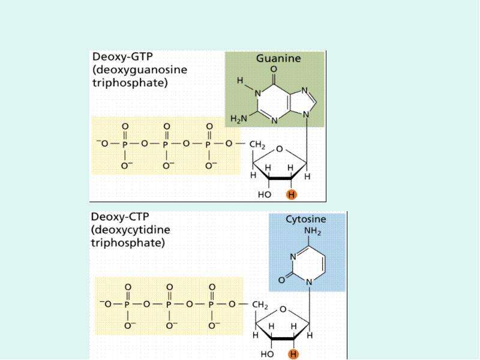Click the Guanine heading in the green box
click(x=278, y=58)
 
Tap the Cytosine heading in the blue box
click(x=305, y=219)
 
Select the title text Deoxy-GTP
click(x=122, y=57)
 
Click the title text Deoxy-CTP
click(x=119, y=217)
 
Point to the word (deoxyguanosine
click(x=140, y=70)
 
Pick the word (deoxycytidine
click(x=130, y=230)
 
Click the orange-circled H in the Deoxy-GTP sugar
click(x=292, y=194)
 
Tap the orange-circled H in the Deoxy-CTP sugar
click(x=293, y=354)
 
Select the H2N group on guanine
click(x=238, y=119)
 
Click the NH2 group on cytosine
click(x=312, y=232)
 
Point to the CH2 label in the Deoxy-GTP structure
click(x=257, y=145)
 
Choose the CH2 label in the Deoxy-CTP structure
click(x=260, y=305)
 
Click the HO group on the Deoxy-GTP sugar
click(x=265, y=194)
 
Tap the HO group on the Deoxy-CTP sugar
click(x=267, y=354)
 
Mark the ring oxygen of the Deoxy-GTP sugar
click(x=280, y=149)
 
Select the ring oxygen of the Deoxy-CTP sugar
click(x=283, y=309)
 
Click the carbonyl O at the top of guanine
click(x=274, y=69)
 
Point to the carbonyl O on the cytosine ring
click(x=281, y=280)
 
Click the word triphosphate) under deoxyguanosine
click(x=130, y=83)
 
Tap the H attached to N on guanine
click(x=241, y=80)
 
